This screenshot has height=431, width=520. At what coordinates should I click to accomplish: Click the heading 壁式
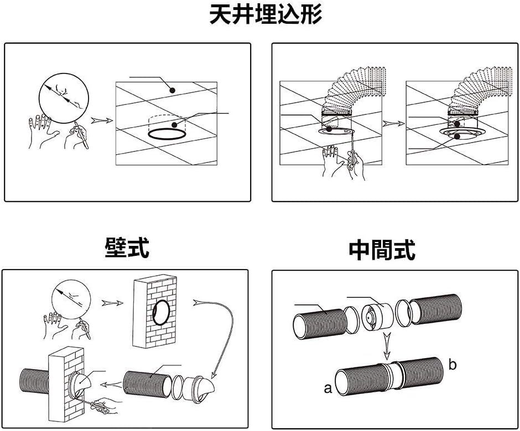tap(127, 249)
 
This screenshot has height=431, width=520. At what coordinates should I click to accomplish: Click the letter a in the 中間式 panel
tap(327, 388)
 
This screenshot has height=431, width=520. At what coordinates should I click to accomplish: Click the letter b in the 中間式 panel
tap(453, 365)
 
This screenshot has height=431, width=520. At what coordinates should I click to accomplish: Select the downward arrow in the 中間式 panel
tap(387, 348)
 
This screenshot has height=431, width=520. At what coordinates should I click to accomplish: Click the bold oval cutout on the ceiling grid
tap(167, 134)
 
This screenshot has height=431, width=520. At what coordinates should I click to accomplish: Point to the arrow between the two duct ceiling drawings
tap(393, 124)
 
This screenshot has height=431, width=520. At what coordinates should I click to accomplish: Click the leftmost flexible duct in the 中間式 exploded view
tap(314, 323)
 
